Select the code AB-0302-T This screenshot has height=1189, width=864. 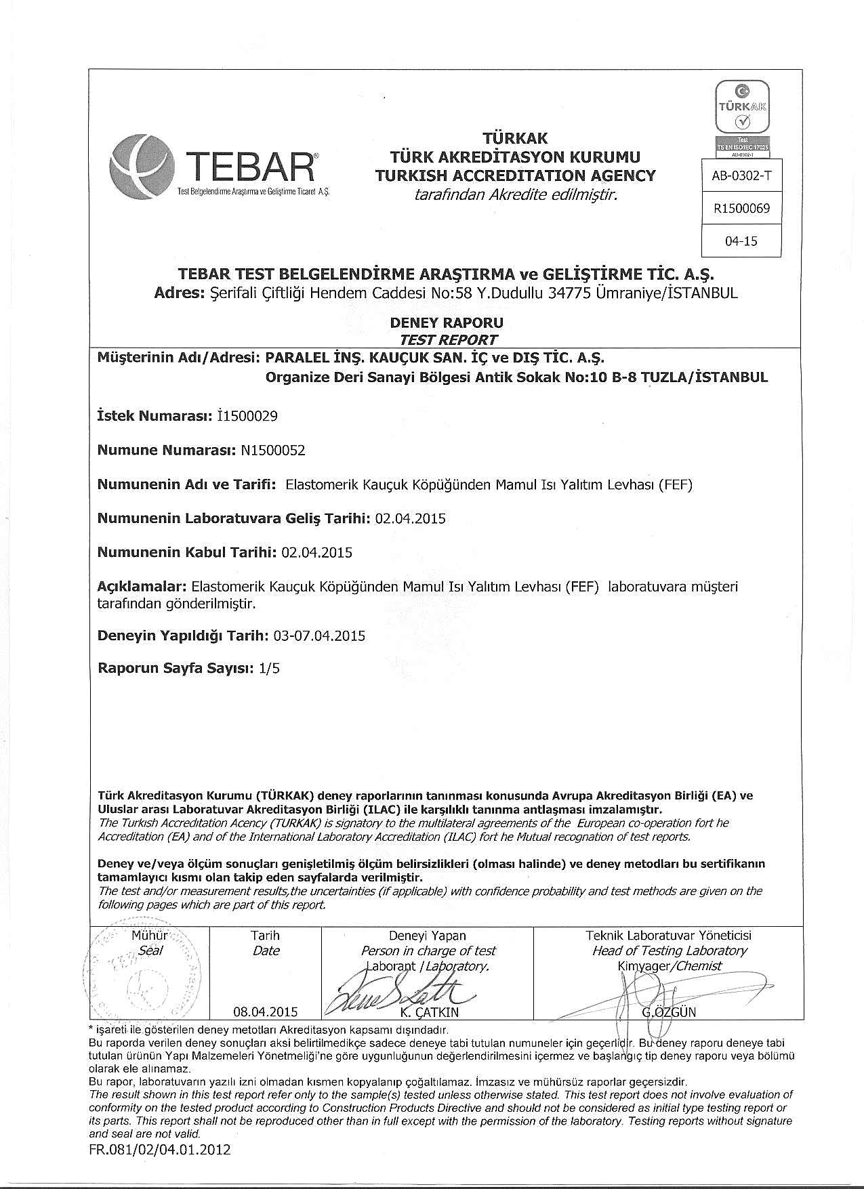(741, 176)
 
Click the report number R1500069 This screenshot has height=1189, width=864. (741, 208)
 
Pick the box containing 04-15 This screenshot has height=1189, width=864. (741, 241)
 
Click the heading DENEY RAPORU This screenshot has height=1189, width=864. (447, 322)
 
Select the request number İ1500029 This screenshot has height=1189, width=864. (247, 416)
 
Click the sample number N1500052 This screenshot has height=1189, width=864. (273, 451)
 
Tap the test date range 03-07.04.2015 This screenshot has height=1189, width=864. (319, 635)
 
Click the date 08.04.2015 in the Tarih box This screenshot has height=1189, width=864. (265, 1011)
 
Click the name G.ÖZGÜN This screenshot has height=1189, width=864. (668, 1012)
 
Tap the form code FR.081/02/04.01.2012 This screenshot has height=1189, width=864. (159, 1149)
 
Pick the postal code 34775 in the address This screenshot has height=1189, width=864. (568, 293)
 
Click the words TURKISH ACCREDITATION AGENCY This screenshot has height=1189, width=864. (516, 176)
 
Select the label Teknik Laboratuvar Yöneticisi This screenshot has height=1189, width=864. (668, 935)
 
